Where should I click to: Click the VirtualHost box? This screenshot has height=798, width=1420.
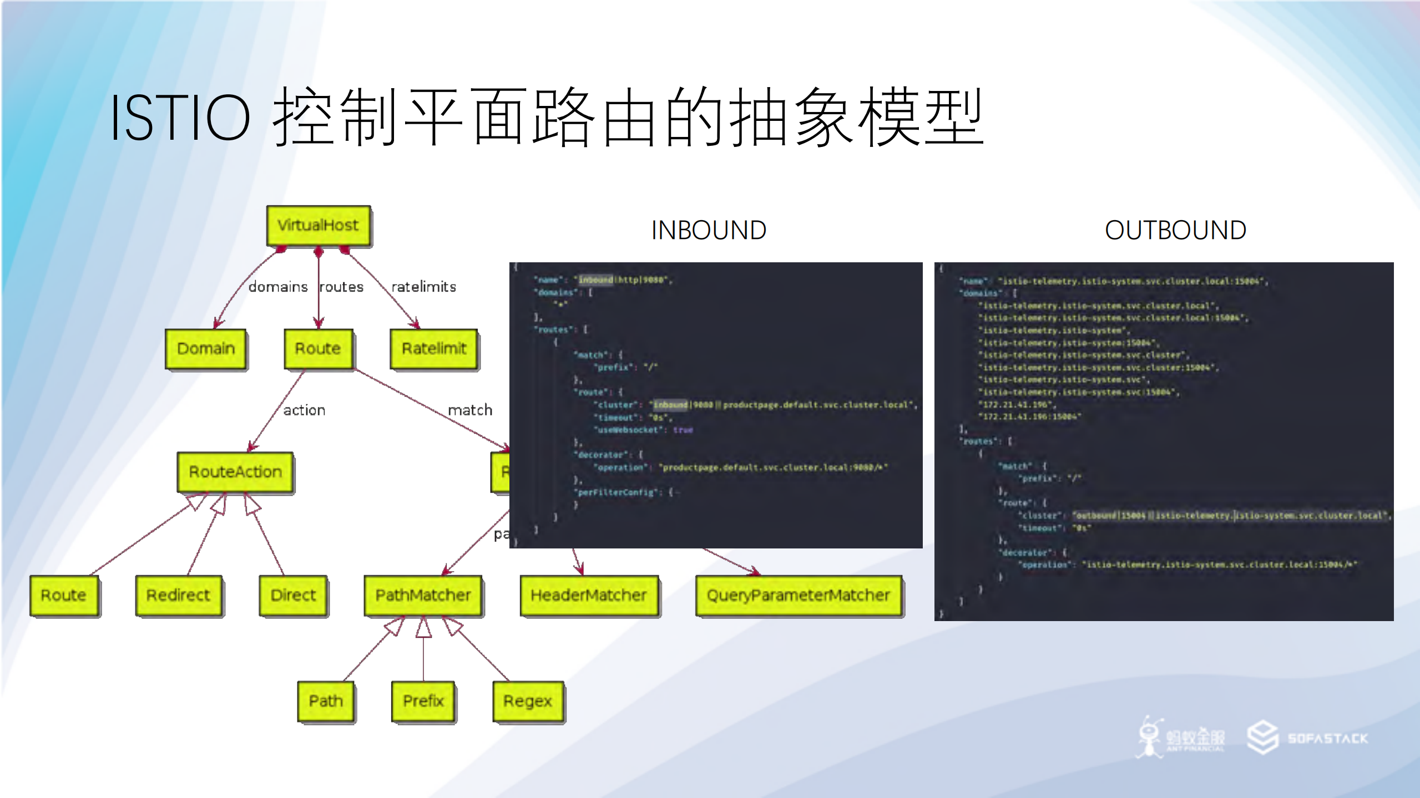[x=318, y=226]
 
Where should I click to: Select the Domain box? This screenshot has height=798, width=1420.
[x=206, y=349]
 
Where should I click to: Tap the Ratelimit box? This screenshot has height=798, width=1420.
[x=434, y=349]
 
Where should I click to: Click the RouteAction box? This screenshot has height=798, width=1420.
[x=235, y=472]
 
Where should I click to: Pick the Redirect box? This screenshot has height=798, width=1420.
[x=178, y=595]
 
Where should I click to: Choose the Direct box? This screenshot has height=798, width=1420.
[x=293, y=595]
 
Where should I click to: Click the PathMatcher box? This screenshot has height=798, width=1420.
[x=423, y=595]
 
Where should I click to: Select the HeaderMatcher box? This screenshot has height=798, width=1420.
[x=589, y=595]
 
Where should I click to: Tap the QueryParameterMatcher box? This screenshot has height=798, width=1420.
[x=798, y=595]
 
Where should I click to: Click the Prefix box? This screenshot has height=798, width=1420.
[x=423, y=701]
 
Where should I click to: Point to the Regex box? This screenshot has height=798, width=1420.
[x=528, y=701]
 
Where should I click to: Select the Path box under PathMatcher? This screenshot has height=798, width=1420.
[x=326, y=701]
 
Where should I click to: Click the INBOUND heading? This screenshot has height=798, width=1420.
[x=709, y=230]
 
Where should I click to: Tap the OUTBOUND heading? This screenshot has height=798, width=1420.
[x=1175, y=230]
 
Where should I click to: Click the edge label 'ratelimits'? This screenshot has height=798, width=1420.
[x=423, y=287]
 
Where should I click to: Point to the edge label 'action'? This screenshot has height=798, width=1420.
[x=304, y=410]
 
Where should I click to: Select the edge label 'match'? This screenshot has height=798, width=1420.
[x=470, y=410]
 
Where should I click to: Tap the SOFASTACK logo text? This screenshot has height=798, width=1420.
[x=1327, y=739]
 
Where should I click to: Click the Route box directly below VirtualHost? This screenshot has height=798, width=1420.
[x=318, y=349]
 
